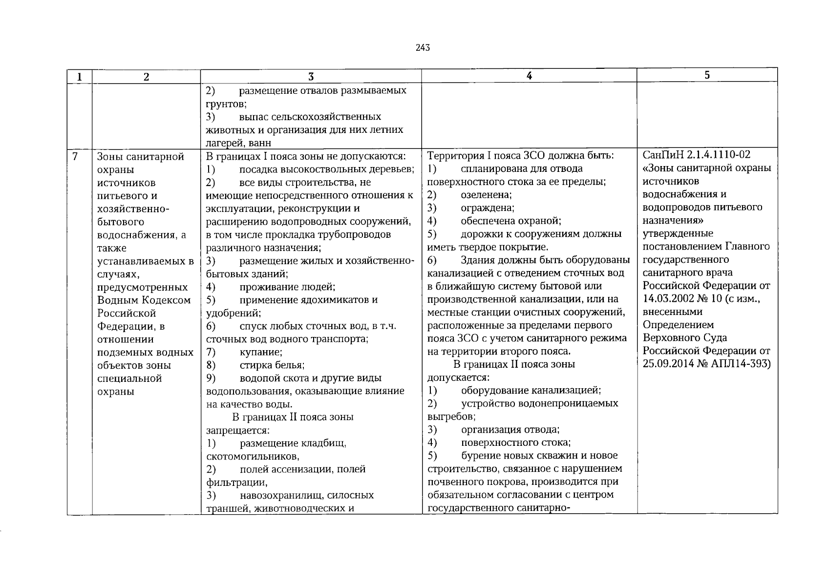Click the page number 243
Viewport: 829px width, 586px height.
tap(423, 47)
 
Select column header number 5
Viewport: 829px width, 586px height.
tap(707, 75)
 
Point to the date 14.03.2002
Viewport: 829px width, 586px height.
tap(667, 298)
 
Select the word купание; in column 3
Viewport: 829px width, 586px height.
tap(261, 352)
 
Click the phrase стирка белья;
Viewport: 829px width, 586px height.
tap(272, 365)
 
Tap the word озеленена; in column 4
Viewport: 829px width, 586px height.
tap(486, 195)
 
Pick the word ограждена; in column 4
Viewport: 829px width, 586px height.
tap(487, 208)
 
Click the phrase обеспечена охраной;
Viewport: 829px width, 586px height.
tap(510, 221)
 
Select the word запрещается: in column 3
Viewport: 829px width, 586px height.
tap(237, 431)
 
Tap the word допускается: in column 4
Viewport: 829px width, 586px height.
tap(458, 377)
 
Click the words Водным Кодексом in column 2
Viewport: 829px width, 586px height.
tap(144, 300)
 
